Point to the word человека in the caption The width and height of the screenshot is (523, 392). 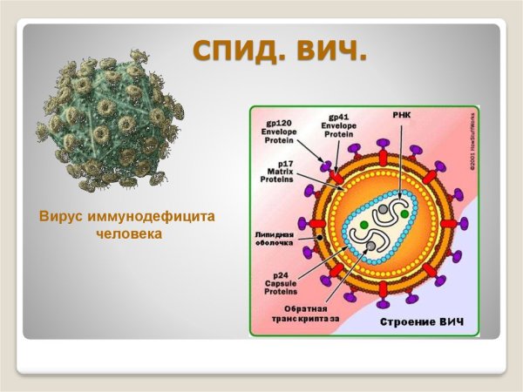coord(129,233)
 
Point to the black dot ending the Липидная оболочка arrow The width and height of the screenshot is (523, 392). coord(323,236)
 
